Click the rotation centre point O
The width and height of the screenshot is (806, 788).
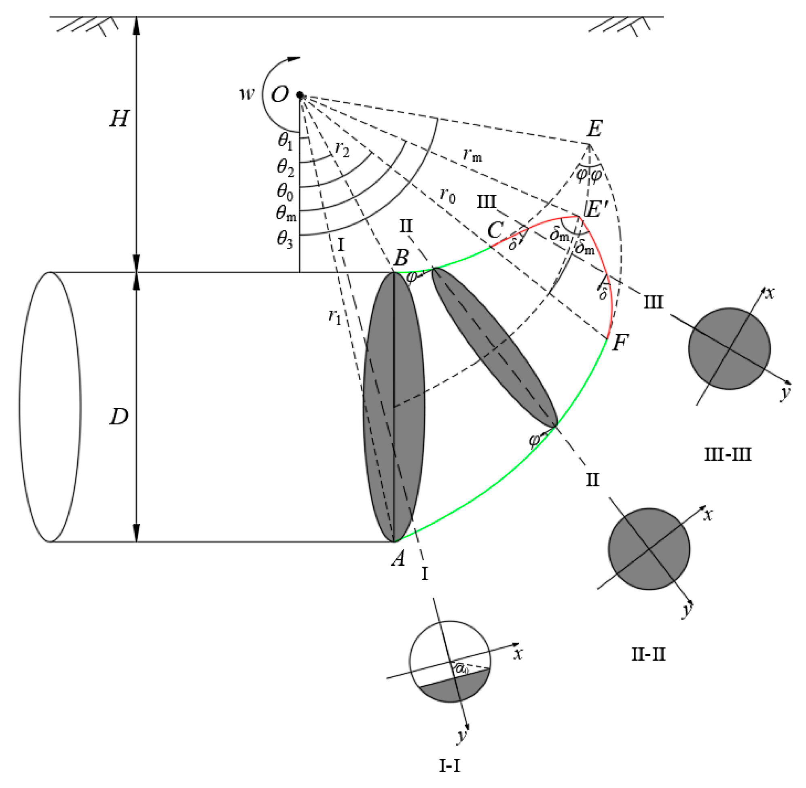pos(299,95)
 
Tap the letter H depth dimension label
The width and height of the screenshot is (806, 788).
pos(119,120)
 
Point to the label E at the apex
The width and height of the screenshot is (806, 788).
pos(594,129)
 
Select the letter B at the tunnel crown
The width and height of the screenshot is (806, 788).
pos(401,258)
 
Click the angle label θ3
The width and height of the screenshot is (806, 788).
pos(285,240)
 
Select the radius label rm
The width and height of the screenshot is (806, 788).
pos(473,155)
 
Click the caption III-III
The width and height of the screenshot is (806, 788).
pos(727,455)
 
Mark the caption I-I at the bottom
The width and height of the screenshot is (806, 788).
pos(449,767)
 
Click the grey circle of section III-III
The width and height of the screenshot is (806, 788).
pos(729,348)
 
